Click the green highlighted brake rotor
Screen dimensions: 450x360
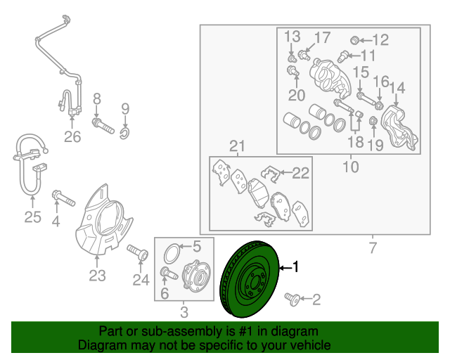point(249,279)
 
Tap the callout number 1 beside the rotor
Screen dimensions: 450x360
point(295,266)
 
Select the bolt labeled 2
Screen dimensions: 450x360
point(292,299)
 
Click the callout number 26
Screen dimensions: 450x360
point(72,136)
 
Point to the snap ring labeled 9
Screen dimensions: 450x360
point(125,133)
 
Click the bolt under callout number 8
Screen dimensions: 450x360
point(103,127)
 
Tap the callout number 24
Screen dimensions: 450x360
point(141,280)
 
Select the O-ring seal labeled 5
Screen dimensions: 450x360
point(172,253)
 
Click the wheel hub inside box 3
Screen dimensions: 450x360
point(197,275)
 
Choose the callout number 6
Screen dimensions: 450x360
point(165,293)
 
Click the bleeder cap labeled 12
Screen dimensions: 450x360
point(355,40)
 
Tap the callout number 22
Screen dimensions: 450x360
point(300,173)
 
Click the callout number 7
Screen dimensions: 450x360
point(372,247)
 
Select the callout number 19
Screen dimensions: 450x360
point(375,146)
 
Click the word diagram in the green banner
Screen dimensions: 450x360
point(297,331)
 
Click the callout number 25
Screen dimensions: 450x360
point(32,217)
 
